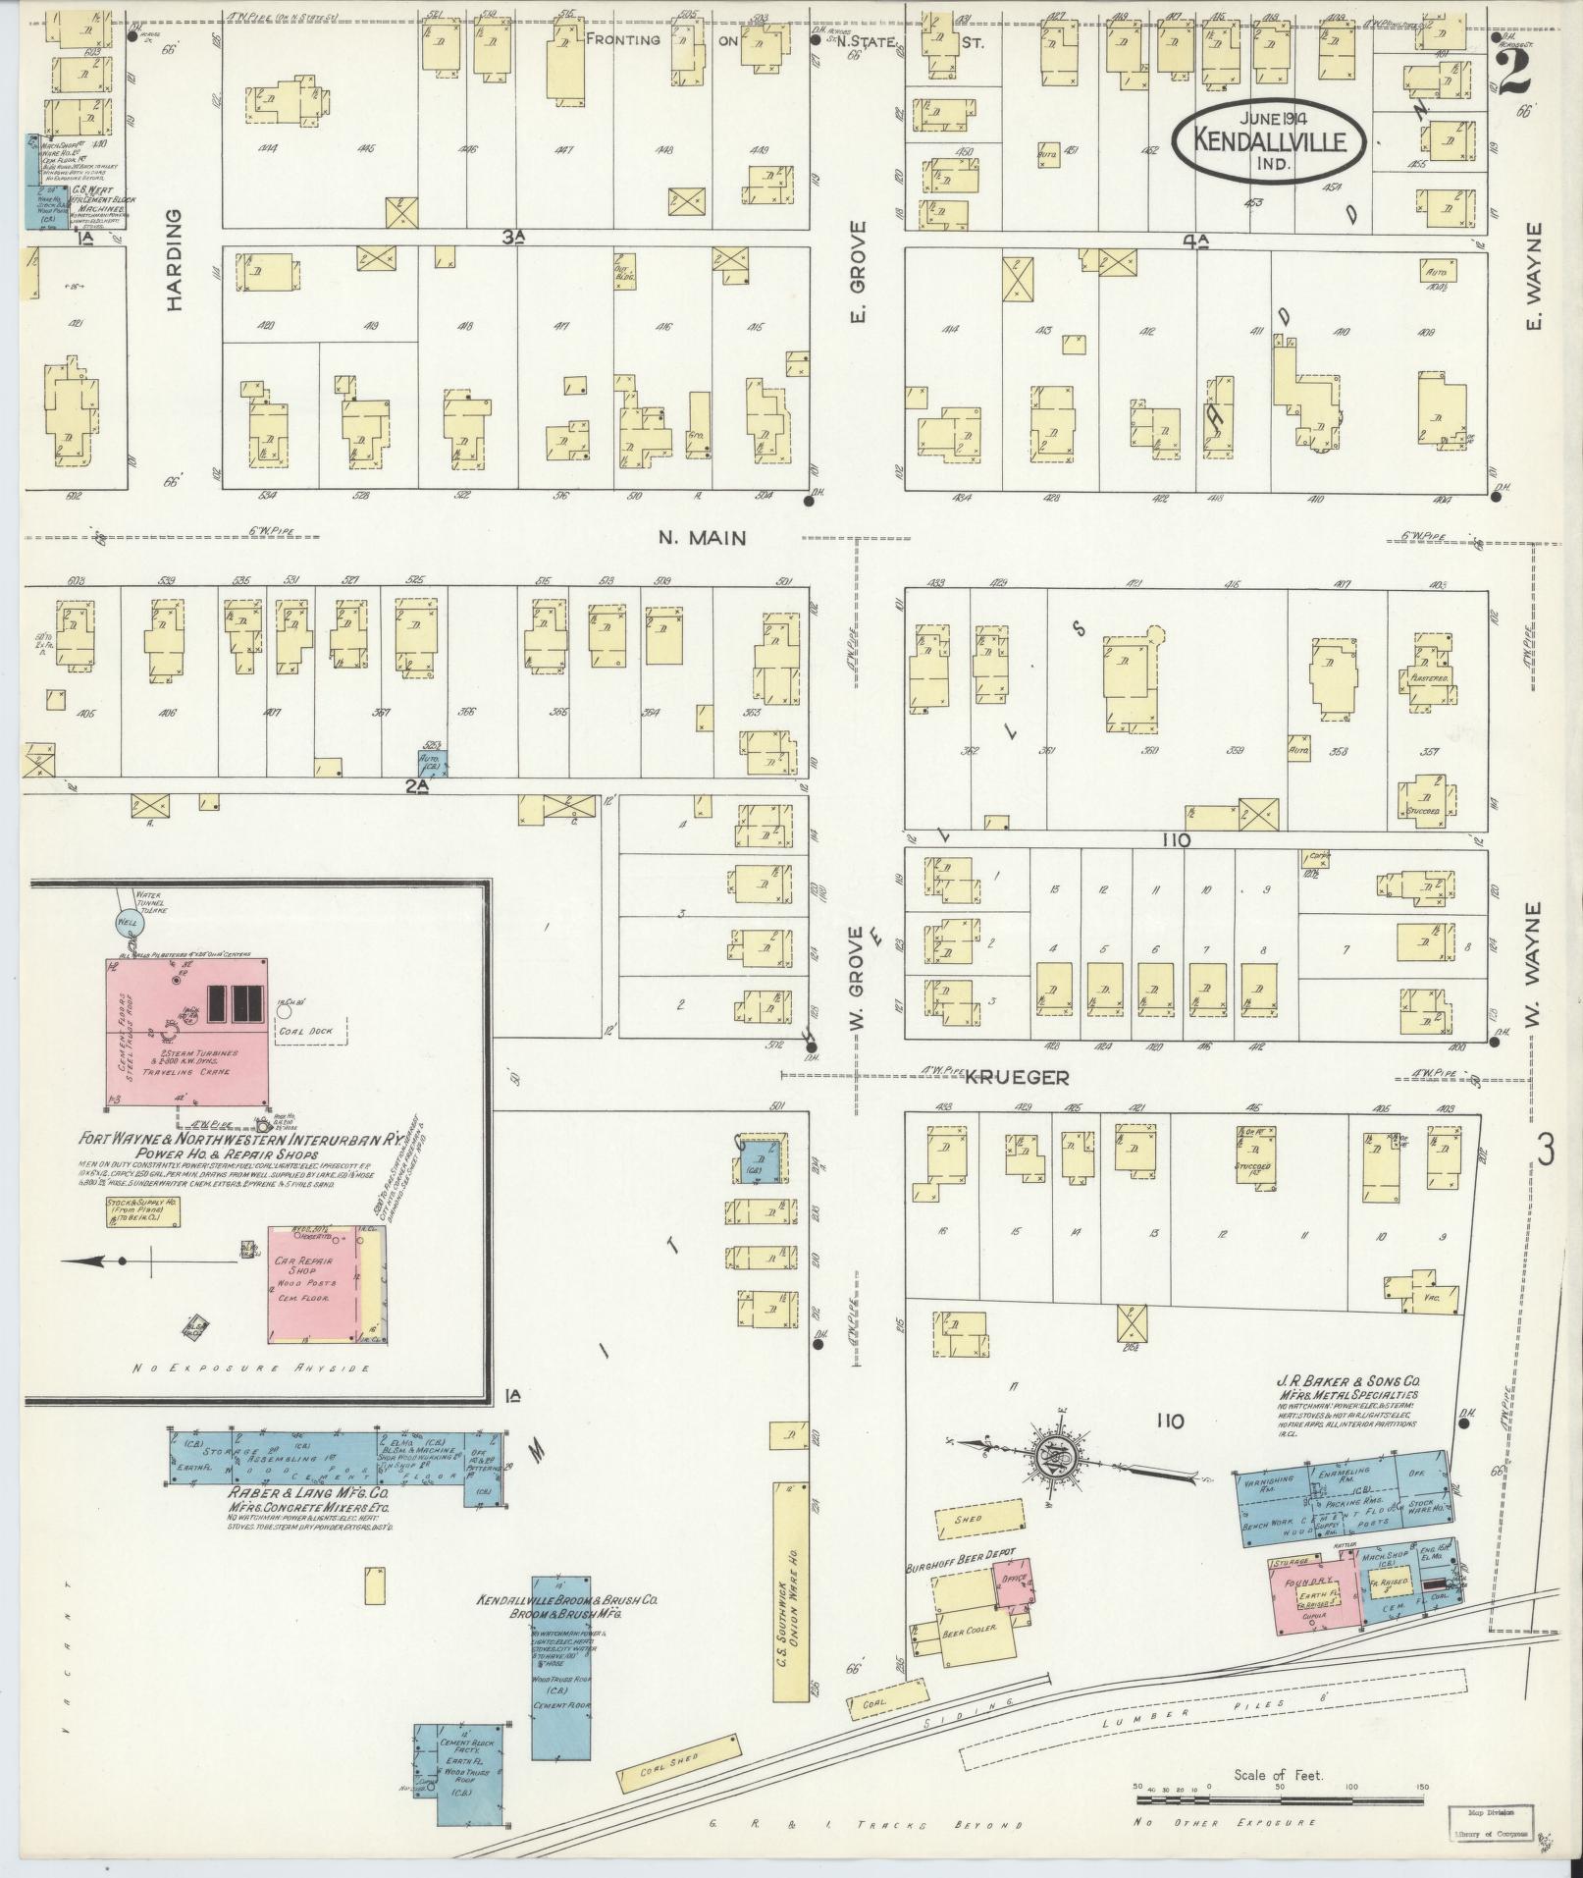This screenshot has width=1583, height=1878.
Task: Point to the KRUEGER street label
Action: (x=1016, y=1078)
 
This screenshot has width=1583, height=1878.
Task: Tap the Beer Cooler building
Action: (x=969, y=1631)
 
